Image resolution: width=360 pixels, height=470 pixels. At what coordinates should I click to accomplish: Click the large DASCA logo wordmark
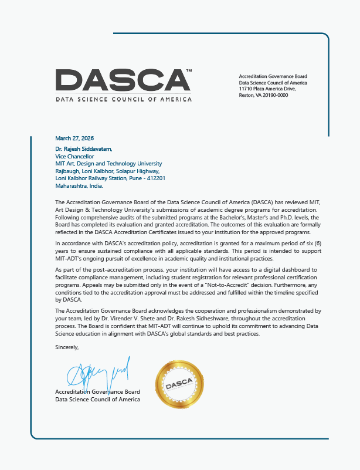pos(123,80)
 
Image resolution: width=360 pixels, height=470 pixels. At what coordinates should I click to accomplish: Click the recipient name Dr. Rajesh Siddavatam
pos(84,148)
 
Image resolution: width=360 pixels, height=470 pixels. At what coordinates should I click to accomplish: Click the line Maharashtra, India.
pos(79,185)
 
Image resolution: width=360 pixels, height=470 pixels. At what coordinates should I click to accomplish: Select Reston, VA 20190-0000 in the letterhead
pos(264,95)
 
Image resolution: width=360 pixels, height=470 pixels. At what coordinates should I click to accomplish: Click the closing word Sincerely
pos(66,347)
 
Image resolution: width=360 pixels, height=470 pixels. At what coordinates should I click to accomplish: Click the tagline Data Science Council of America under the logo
pos(123,99)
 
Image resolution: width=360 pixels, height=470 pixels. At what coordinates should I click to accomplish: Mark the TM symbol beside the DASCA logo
pos(189,71)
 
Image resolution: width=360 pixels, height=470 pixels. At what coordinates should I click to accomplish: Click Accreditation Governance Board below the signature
pos(97,391)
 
